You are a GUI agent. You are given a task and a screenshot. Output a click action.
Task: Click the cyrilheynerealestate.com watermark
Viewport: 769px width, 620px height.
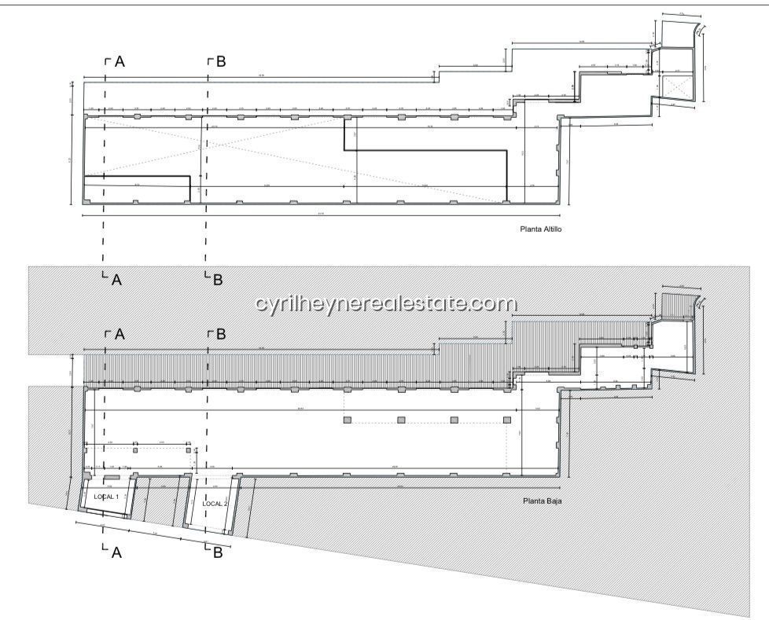386,303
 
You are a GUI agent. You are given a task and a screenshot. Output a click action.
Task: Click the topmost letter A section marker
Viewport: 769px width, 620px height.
119,61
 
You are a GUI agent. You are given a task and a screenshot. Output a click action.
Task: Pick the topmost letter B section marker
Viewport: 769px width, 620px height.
220,61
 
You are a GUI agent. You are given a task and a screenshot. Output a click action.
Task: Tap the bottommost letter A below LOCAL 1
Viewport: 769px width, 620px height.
116,552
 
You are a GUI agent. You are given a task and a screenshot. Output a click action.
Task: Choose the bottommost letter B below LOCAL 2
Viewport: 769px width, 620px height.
218,552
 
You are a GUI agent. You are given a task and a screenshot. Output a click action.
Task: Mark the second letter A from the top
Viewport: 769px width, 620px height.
116,278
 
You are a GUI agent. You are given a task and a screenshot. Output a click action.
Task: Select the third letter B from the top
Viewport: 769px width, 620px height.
220,335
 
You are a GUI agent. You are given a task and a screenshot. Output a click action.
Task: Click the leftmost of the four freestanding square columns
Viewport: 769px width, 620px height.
347,420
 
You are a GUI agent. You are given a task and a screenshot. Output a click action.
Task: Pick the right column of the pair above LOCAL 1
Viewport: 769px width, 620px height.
188,451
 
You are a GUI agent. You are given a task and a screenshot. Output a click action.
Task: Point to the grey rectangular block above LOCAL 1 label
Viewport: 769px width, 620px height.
110,478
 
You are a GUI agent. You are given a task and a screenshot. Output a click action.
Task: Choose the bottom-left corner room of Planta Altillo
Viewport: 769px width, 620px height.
136,189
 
